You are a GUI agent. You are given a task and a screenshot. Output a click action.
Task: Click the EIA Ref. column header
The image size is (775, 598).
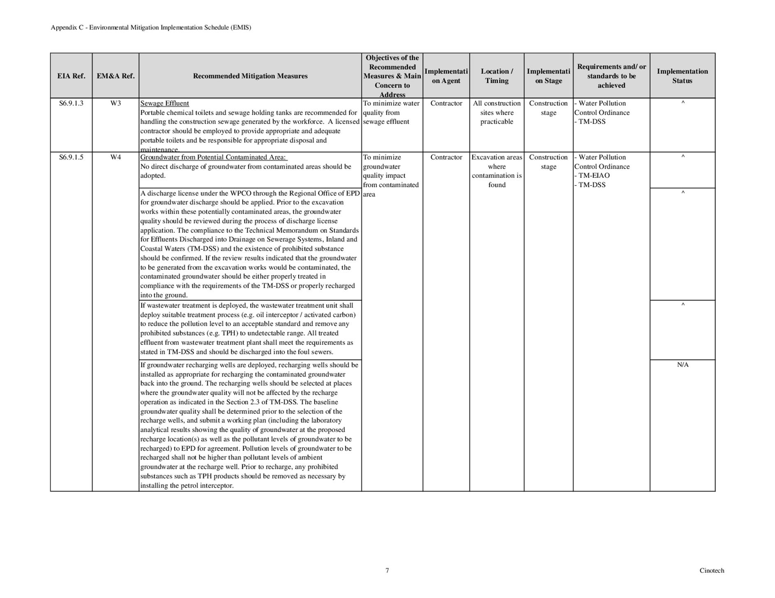click(x=71, y=76)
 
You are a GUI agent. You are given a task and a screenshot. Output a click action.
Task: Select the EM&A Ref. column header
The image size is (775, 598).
click(x=116, y=76)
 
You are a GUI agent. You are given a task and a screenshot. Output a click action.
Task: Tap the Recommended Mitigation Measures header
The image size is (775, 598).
click(x=250, y=76)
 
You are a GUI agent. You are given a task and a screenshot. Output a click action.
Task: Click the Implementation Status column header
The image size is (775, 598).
click(x=682, y=76)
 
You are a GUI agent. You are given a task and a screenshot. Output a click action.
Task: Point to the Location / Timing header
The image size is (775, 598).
click(x=497, y=76)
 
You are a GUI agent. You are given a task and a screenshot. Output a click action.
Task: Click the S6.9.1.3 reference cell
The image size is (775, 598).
click(x=71, y=103)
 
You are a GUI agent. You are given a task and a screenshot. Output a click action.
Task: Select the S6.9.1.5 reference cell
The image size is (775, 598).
click(x=71, y=157)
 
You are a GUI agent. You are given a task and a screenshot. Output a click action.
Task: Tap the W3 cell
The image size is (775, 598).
click(x=116, y=103)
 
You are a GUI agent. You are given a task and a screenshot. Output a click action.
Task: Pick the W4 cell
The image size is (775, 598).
click(x=116, y=157)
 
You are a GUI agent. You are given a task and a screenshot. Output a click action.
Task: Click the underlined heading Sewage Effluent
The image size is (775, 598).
click(x=164, y=103)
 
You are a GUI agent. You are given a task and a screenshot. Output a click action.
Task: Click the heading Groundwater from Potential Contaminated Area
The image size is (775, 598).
click(x=214, y=157)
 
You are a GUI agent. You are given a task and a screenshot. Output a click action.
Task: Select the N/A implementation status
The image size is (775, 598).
click(x=682, y=365)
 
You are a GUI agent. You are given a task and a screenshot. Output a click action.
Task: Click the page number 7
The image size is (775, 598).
click(x=387, y=570)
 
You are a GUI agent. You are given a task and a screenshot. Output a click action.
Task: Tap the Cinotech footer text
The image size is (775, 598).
click(x=712, y=570)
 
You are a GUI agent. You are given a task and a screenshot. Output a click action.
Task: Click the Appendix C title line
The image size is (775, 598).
click(x=151, y=28)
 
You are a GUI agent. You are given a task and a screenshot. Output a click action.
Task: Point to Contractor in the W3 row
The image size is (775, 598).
click(x=446, y=103)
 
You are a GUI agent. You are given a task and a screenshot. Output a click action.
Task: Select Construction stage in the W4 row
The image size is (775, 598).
click(x=548, y=162)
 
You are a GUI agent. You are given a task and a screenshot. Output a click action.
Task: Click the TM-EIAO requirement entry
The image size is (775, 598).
click(x=594, y=176)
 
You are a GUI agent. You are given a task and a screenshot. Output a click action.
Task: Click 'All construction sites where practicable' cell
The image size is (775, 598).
click(x=497, y=113)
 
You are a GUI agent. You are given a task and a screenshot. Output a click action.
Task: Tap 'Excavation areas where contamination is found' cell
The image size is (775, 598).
click(x=497, y=171)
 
